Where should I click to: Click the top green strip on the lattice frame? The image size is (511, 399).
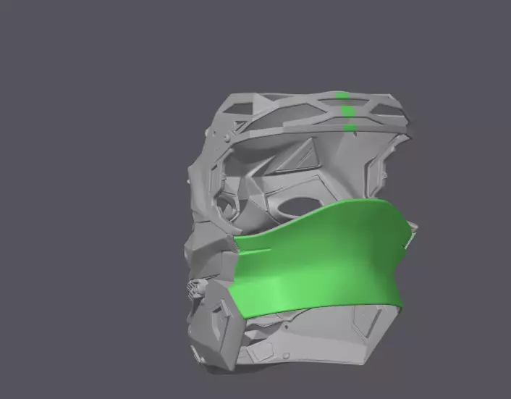344,96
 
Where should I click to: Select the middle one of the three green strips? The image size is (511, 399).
347,111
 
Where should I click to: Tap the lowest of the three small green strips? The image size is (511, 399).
349,128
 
